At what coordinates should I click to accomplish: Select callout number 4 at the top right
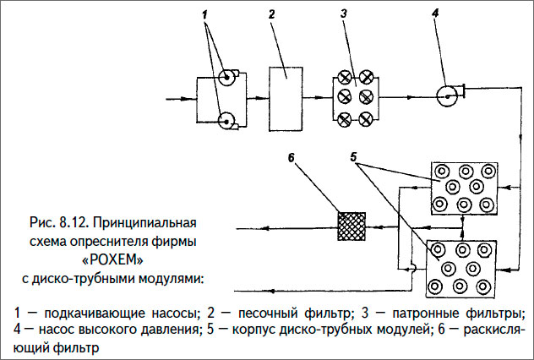click(x=436, y=15)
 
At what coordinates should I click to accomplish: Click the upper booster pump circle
click(x=226, y=79)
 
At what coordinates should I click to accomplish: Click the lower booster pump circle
click(x=226, y=120)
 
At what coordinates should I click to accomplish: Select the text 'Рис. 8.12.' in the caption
click(x=58, y=224)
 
